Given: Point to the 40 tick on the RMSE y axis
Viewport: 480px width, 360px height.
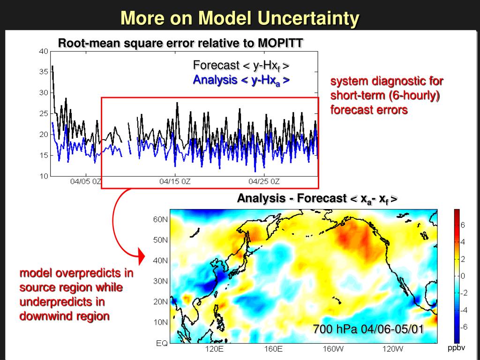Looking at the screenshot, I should pyautogui.click(x=43, y=52).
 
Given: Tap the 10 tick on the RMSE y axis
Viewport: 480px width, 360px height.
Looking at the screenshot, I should pyautogui.click(x=43, y=176).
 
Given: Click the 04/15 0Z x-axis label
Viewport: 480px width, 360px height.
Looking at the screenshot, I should pyautogui.click(x=175, y=181).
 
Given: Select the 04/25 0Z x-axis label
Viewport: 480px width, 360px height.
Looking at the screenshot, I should pyautogui.click(x=264, y=181).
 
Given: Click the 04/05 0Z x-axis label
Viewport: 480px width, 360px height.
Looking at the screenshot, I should pyautogui.click(x=86, y=181).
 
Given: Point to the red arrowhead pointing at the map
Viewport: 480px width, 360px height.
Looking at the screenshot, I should pyautogui.click(x=142, y=257).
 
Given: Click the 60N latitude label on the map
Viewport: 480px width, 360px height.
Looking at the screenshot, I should pyautogui.click(x=160, y=219).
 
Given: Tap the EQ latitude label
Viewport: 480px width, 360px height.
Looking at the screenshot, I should pyautogui.click(x=162, y=343).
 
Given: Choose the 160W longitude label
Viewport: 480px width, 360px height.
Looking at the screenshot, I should pyautogui.click(x=333, y=349).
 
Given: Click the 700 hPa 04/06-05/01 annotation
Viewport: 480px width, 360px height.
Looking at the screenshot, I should pyautogui.click(x=368, y=330).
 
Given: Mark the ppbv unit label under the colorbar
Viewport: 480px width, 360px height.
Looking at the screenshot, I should pyautogui.click(x=456, y=348).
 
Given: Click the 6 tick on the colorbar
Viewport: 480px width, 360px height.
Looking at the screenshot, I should pyautogui.click(x=463, y=225).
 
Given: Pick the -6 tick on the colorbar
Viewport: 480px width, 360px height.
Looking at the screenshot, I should pyautogui.click(x=462, y=327).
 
